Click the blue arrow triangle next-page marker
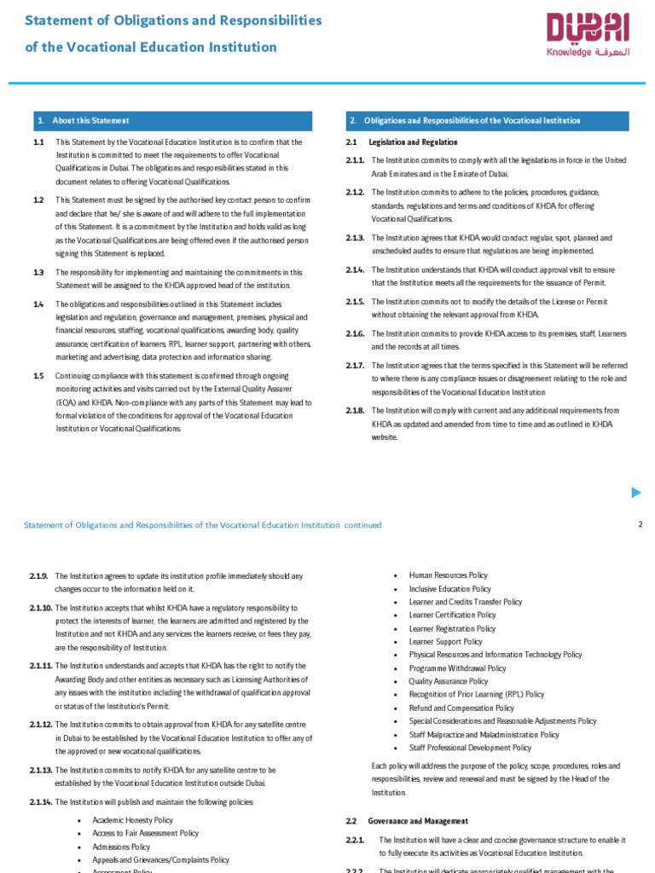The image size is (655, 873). [x=635, y=492]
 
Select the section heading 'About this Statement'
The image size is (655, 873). [x=90, y=121]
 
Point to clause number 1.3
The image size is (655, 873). [x=38, y=273]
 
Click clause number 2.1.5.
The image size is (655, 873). [x=355, y=302]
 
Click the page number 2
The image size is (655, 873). [x=640, y=524]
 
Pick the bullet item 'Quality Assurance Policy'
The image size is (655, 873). [x=449, y=681]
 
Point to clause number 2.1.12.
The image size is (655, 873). [x=41, y=725]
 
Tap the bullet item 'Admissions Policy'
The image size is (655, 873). [x=121, y=847]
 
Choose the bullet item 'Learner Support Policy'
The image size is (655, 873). [x=445, y=642]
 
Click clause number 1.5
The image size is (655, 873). [x=38, y=376]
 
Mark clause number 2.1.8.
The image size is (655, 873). [x=355, y=411]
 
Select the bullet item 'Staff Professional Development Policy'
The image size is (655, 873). [x=470, y=748]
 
